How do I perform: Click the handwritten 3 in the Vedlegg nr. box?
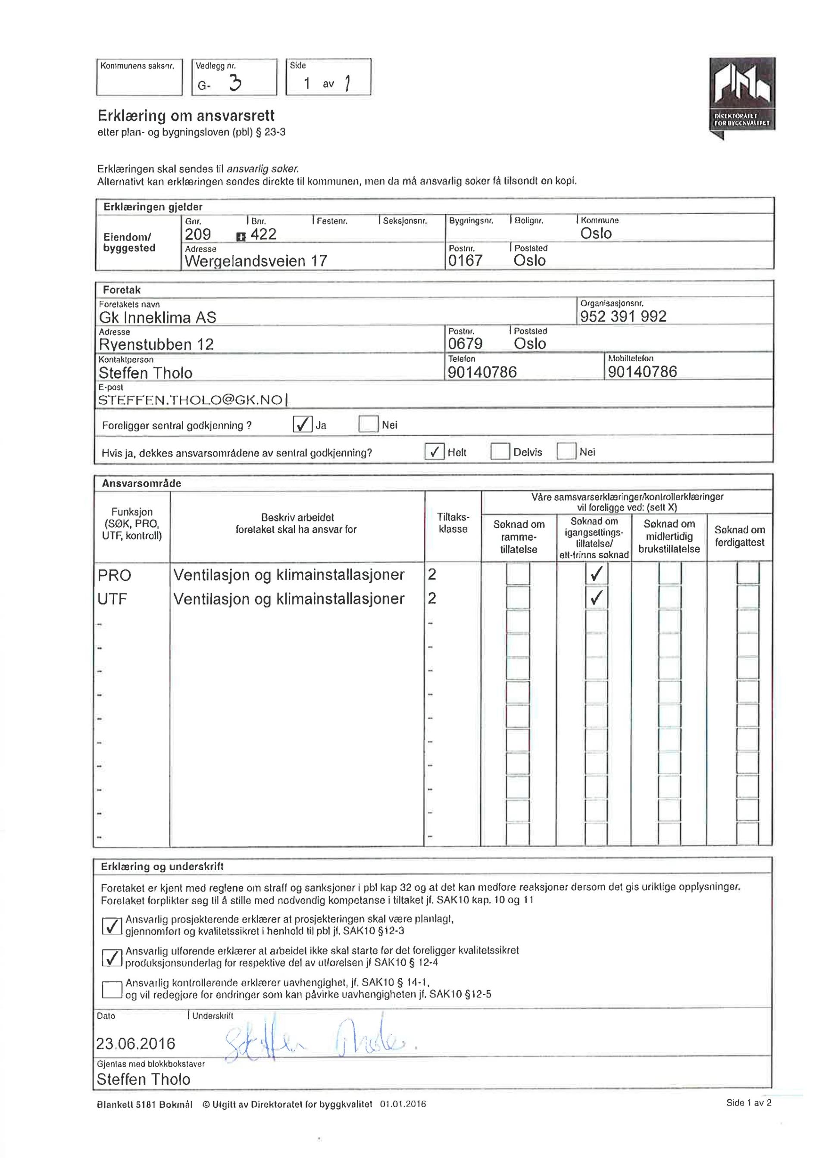click(x=235, y=82)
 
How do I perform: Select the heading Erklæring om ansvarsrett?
click(x=186, y=116)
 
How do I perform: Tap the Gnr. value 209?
click(x=198, y=234)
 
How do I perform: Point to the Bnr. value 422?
click(x=263, y=234)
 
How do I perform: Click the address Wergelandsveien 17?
click(x=256, y=261)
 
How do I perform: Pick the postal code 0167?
click(x=465, y=260)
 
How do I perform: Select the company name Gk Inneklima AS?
click(x=157, y=317)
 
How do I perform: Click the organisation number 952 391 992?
click(x=623, y=316)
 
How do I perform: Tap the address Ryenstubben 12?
click(x=156, y=344)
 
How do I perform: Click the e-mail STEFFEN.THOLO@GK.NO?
click(x=190, y=400)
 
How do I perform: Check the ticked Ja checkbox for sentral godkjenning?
click(x=302, y=424)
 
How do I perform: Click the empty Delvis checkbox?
click(x=500, y=451)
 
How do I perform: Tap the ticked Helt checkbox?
click(x=434, y=451)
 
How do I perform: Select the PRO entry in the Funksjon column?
click(x=115, y=575)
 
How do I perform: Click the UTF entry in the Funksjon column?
click(x=113, y=599)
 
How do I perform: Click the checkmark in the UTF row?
click(x=596, y=598)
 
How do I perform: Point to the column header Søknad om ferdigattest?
click(x=739, y=536)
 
